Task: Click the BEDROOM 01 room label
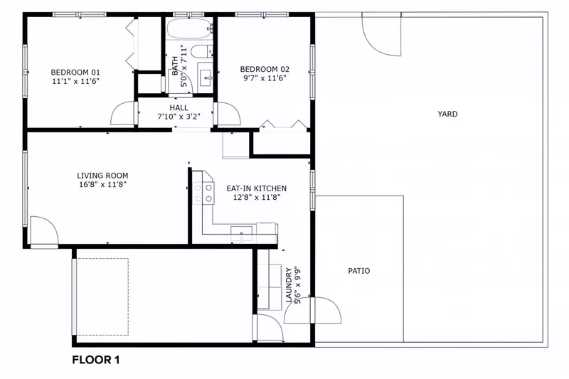point(75,72)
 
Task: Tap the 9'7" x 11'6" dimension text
point(265,80)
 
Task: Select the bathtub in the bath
point(190,30)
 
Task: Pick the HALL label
point(179,107)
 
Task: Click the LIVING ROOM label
point(102,175)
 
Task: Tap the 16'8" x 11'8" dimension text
point(102,184)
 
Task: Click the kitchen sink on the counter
point(243,230)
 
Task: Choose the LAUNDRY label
point(289,285)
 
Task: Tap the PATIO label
point(358,271)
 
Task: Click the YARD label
point(447,114)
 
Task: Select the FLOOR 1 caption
point(96,360)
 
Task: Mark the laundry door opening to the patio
point(326,310)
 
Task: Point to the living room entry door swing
point(43,232)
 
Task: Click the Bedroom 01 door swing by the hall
point(123,114)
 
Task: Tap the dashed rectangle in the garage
point(102,297)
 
